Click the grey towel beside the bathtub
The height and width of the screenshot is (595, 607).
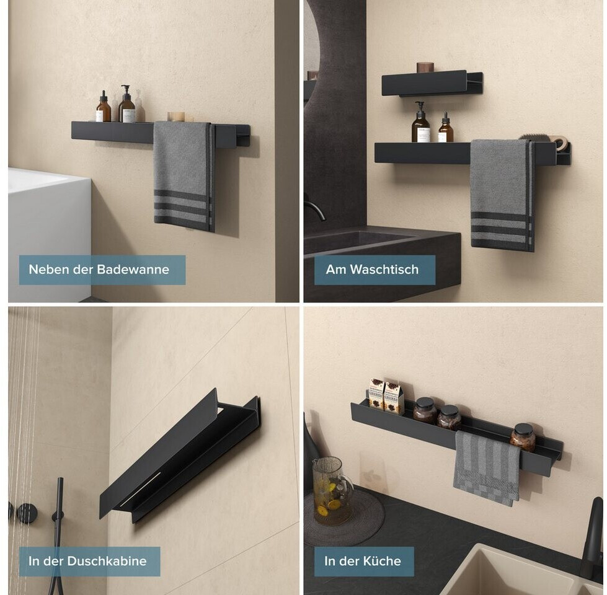(x=184, y=176)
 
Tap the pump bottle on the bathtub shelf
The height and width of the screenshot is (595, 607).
(x=126, y=104)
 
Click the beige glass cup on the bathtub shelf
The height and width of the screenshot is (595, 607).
(x=176, y=117)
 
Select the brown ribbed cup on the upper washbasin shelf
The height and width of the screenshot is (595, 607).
(x=424, y=68)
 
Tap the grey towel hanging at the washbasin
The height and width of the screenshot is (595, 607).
(x=502, y=195)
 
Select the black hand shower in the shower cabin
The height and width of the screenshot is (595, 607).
(x=59, y=514)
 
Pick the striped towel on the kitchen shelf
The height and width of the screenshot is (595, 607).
(x=487, y=467)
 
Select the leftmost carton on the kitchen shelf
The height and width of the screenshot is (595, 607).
(x=376, y=394)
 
